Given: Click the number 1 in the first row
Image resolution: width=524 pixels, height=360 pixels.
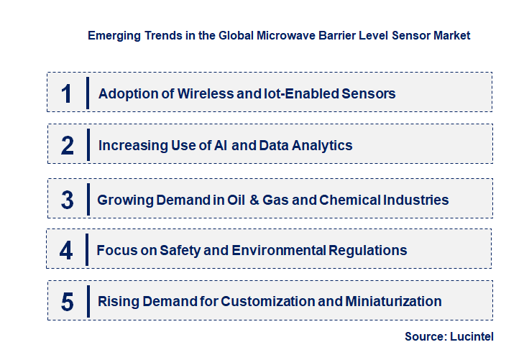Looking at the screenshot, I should [x=67, y=93].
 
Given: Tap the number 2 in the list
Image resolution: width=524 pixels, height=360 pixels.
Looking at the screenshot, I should [x=67, y=145].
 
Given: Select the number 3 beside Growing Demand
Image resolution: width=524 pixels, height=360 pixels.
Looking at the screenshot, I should [x=67, y=200].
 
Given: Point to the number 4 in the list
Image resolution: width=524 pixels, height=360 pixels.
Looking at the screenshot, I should [x=66, y=250].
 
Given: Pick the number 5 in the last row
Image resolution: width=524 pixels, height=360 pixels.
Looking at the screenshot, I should [x=67, y=301].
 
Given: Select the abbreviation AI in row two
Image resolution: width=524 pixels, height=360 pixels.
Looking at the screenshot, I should [x=219, y=145].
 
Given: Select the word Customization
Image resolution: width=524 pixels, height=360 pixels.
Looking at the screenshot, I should [x=265, y=301].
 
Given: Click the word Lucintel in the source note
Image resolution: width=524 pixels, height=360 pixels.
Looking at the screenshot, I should [x=472, y=336].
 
